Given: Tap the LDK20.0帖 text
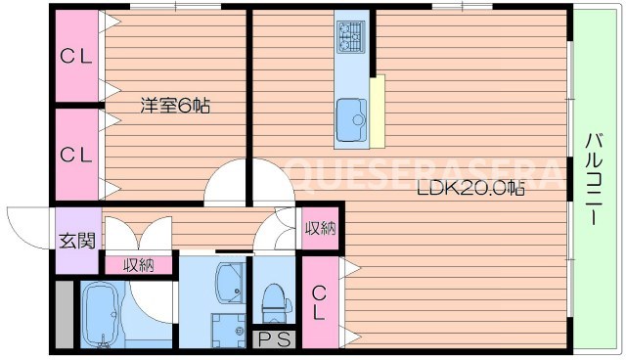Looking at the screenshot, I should pyautogui.click(x=471, y=189).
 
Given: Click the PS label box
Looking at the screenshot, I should pyautogui.click(x=274, y=339).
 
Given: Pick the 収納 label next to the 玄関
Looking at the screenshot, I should pyautogui.click(x=138, y=264).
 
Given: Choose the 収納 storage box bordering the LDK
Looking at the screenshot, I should pyautogui.click(x=320, y=229).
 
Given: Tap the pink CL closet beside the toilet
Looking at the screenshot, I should pyautogui.click(x=320, y=301).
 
